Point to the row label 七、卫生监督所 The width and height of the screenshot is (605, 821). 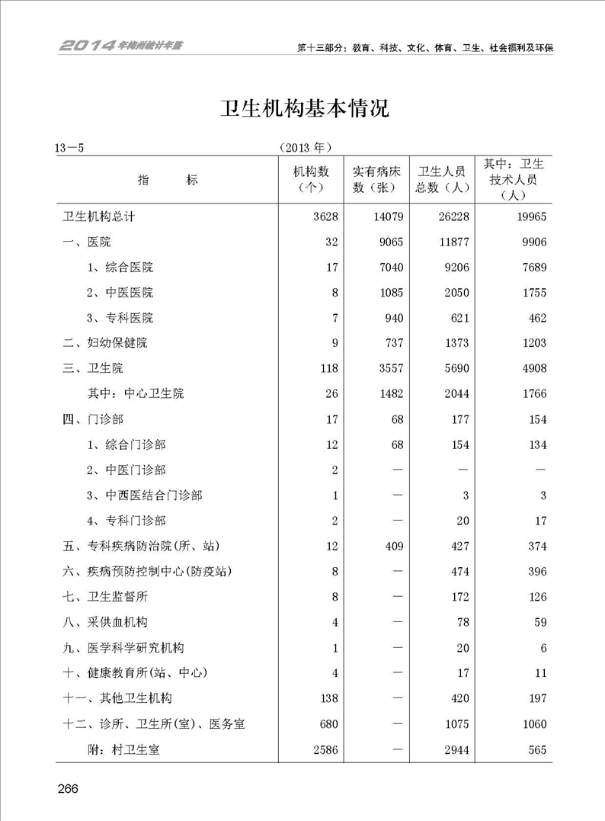pos(104,597)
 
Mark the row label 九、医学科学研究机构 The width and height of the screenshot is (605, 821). pos(123,648)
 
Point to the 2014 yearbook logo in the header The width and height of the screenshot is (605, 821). pos(121,45)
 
